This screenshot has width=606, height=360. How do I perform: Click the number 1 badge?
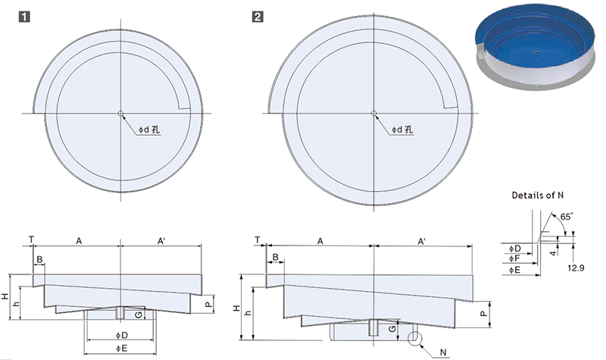click(24, 17)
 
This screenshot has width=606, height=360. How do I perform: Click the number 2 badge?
click(258, 17)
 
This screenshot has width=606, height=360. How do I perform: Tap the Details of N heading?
click(538, 196)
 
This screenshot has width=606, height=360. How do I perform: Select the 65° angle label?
click(566, 217)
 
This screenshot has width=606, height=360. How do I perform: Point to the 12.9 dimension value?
click(576, 268)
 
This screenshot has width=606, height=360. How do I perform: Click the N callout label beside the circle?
click(443, 352)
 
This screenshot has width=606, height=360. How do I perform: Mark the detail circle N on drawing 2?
click(415, 339)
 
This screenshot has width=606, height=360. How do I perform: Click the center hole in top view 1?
click(120, 113)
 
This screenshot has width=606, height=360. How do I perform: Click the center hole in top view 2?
click(373, 113)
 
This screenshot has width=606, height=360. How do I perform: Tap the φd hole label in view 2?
click(402, 130)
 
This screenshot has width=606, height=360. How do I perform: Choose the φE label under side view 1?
click(121, 349)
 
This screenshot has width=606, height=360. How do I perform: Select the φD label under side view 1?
click(122, 335)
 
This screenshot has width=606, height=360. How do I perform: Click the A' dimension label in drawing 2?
click(422, 241)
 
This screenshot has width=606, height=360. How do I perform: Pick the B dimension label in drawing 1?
click(39, 259)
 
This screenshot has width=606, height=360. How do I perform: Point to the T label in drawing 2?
click(258, 240)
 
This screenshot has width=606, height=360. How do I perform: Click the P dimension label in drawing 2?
click(483, 314)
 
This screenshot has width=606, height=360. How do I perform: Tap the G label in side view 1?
click(138, 315)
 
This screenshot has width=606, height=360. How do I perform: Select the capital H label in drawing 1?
click(5, 296)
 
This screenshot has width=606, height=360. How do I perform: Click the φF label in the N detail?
click(515, 258)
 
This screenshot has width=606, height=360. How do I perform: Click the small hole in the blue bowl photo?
click(536, 52)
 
